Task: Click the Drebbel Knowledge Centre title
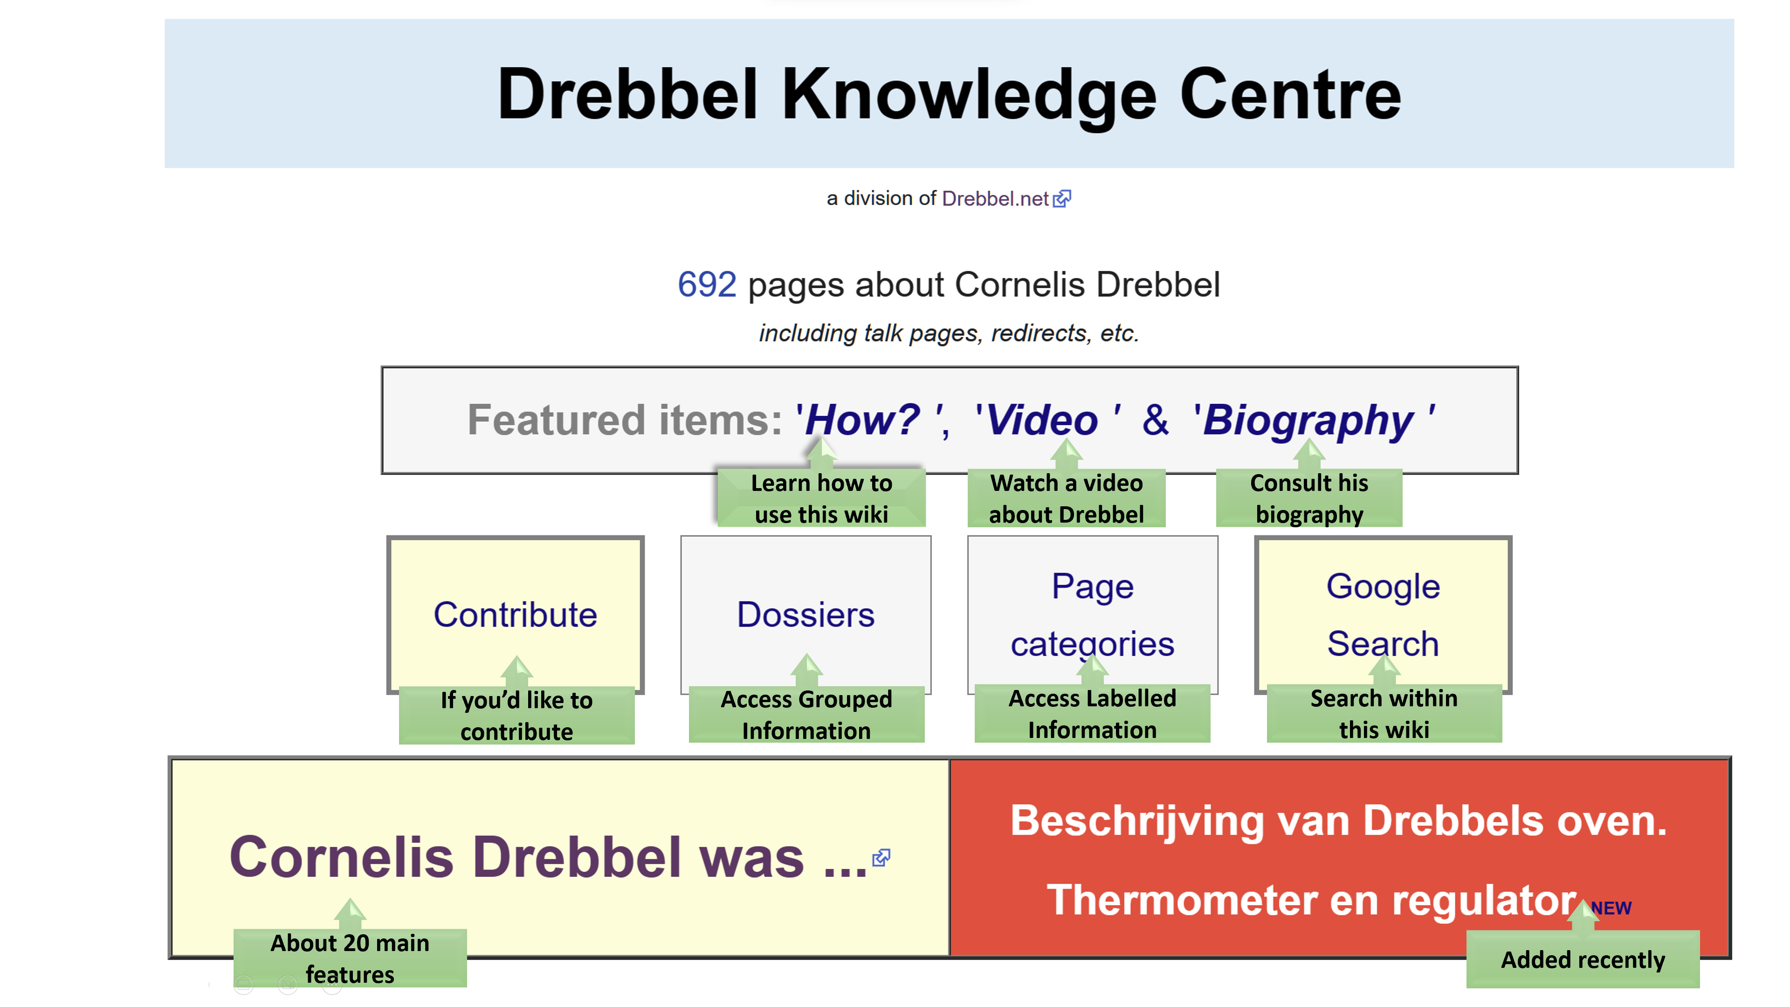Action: (x=949, y=95)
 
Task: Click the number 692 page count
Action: (x=707, y=284)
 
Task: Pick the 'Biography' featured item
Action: (x=1308, y=421)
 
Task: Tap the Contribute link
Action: (x=515, y=614)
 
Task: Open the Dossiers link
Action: (x=805, y=614)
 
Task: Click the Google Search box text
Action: (x=1383, y=614)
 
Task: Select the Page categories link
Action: (x=1092, y=614)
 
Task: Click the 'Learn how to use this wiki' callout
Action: (x=821, y=497)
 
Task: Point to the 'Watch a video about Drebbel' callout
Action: (x=1066, y=497)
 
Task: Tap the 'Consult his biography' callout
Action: (x=1308, y=497)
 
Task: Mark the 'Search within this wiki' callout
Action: (x=1384, y=714)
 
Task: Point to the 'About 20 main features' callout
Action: (x=350, y=959)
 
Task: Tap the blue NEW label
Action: (x=1611, y=908)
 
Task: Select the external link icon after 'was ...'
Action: (x=881, y=858)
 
